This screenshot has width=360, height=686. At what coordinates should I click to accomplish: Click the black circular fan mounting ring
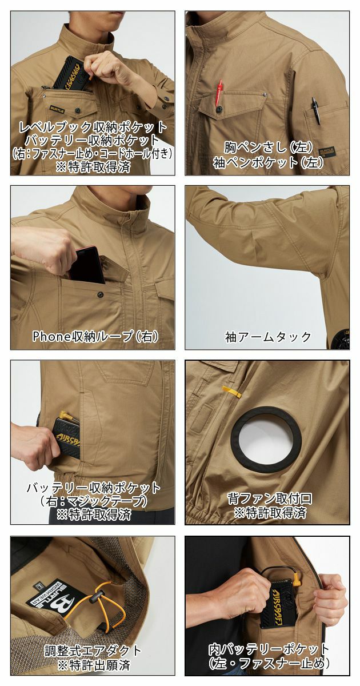pos(266,437)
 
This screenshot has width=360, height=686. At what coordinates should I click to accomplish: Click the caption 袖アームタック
pos(268,336)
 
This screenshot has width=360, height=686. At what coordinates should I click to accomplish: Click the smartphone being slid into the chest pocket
pos(86,265)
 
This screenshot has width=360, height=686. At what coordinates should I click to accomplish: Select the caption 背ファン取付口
pos(267,496)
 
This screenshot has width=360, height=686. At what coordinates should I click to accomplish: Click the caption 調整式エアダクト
pos(93,651)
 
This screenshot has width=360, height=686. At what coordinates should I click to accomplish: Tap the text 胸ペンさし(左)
pos(268,147)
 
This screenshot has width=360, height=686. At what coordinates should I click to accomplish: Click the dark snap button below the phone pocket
pos(100,295)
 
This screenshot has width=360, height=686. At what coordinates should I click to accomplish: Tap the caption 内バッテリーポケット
pos(268,649)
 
